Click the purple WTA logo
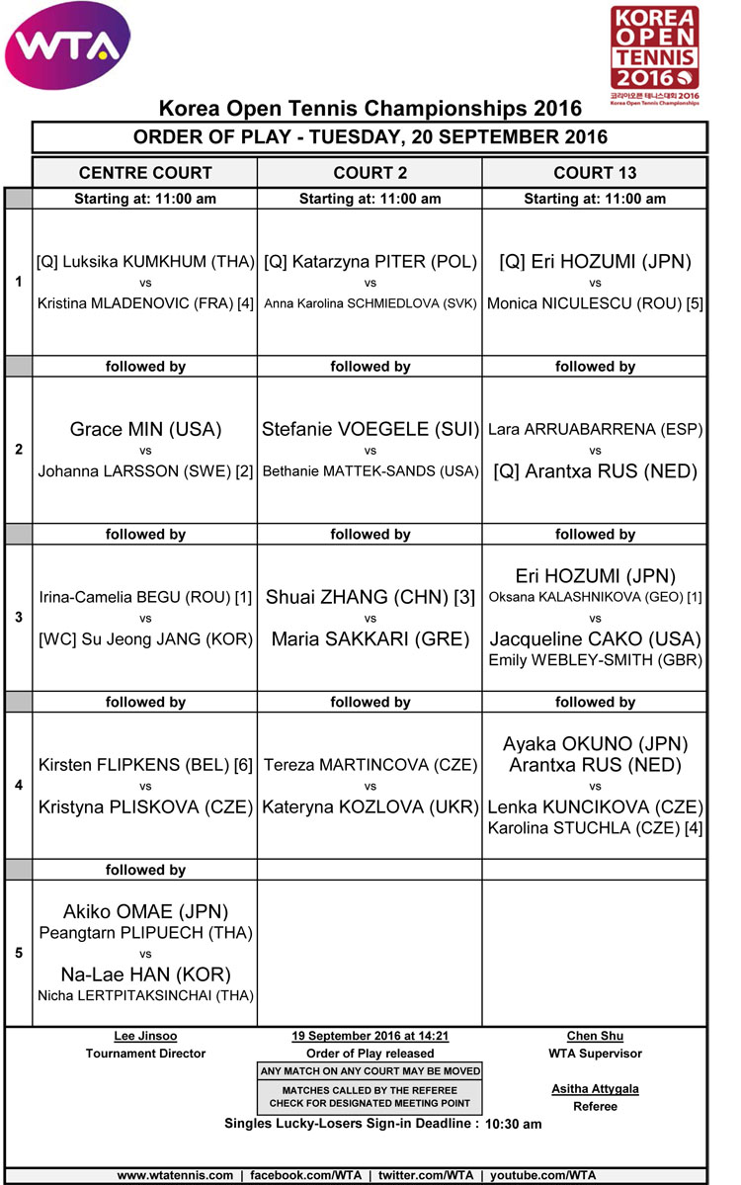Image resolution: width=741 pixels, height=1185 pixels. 68,44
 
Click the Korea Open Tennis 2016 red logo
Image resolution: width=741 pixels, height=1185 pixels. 654,54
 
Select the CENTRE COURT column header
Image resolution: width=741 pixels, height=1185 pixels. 145,173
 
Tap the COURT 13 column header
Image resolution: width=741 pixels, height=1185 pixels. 595,173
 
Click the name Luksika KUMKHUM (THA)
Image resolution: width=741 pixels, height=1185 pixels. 145,263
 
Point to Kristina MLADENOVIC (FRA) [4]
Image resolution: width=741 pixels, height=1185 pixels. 145,303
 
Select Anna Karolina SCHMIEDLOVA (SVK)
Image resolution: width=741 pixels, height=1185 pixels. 370,303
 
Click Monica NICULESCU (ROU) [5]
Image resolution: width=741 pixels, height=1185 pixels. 595,303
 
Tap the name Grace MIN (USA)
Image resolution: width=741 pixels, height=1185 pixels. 145,430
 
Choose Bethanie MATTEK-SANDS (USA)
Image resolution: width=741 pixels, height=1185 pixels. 370,471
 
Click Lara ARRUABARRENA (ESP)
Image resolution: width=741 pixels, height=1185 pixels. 595,430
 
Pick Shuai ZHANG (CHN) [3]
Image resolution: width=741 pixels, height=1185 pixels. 370,598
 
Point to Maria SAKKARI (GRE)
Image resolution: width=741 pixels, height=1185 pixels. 370,639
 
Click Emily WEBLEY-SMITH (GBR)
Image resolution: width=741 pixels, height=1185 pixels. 595,660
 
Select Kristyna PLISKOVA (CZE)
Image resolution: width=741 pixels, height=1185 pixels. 145,807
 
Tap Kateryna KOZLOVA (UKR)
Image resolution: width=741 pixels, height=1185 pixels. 370,807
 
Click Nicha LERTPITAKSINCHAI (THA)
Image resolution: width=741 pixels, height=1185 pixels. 145,995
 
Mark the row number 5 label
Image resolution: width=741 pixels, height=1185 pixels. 19,954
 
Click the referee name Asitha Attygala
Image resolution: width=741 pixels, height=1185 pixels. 595,1089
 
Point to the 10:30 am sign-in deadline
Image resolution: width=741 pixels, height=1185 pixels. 513,1125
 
